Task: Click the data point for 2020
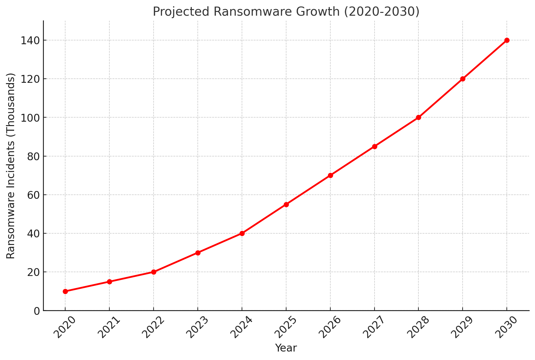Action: pyautogui.click(x=65, y=291)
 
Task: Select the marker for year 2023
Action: pyautogui.click(x=198, y=253)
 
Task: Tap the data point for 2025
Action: pyautogui.click(x=286, y=204)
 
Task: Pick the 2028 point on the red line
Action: pyautogui.click(x=418, y=118)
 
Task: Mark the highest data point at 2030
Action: pyautogui.click(x=507, y=40)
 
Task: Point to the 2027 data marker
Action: pyautogui.click(x=375, y=146)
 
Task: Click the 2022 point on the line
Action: pyautogui.click(x=154, y=272)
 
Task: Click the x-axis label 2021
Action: pyautogui.click(x=109, y=327)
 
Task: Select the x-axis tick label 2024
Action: pyautogui.click(x=242, y=327)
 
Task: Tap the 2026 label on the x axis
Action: pyautogui.click(x=330, y=327)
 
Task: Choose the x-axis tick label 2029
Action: pyautogui.click(x=462, y=327)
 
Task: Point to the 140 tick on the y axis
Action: pyautogui.click(x=30, y=40)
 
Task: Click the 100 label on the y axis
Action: pyautogui.click(x=30, y=118)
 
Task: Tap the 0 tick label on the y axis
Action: pyautogui.click(x=37, y=311)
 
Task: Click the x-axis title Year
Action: pyautogui.click(x=286, y=348)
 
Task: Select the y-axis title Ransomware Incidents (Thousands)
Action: pyautogui.click(x=11, y=166)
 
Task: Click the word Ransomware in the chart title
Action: pyautogui.click(x=245, y=12)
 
